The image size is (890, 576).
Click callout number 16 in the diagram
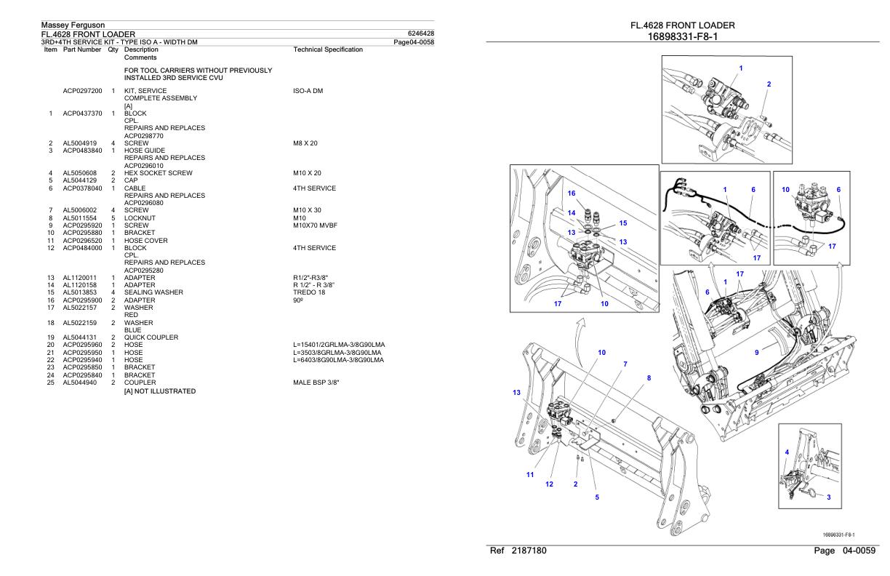click(x=571, y=193)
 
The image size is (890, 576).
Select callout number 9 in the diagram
click(x=757, y=352)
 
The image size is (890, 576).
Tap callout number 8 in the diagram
click(x=649, y=377)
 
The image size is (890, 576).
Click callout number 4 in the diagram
click(x=787, y=452)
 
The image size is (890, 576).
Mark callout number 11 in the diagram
click(x=530, y=475)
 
